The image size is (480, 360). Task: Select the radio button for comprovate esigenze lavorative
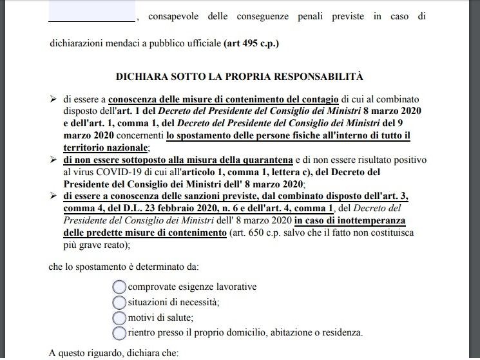click(119, 287)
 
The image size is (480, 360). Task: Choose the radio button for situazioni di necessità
click(119, 302)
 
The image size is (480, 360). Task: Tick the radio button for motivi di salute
click(119, 317)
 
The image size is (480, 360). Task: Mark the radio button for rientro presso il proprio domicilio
click(119, 333)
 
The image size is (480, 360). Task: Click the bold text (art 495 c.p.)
click(251, 44)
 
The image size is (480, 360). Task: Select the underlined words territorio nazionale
click(106, 147)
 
